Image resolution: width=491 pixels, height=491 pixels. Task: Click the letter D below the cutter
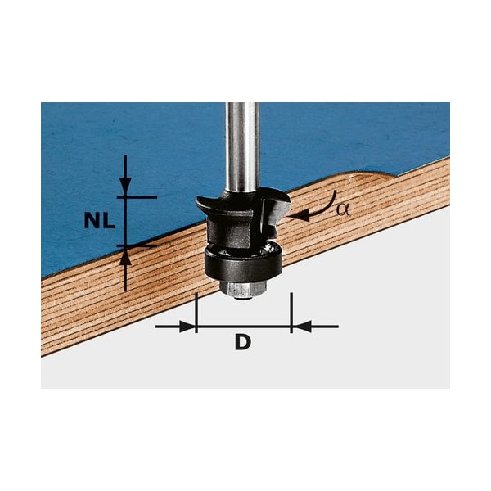pyautogui.click(x=242, y=343)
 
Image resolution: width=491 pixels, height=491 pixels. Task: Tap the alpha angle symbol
pyautogui.click(x=343, y=209)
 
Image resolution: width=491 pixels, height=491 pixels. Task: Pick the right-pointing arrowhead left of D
pyautogui.click(x=189, y=327)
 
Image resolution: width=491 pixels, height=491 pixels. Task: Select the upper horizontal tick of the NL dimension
pyautogui.click(x=136, y=197)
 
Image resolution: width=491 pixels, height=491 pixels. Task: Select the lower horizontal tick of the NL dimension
pyautogui.click(x=136, y=244)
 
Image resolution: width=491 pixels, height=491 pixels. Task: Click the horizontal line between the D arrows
pyautogui.click(x=244, y=327)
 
